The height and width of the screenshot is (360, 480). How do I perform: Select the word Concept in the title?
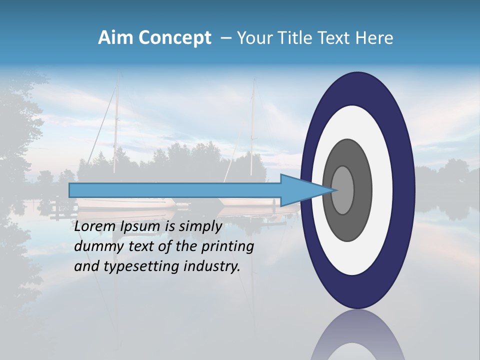tap(174, 38)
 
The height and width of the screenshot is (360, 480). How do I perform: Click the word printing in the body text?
tap(227, 247)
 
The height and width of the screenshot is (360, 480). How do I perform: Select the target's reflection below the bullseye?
tap(357, 337)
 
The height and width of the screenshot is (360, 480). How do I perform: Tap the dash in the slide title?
tap(225, 38)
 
